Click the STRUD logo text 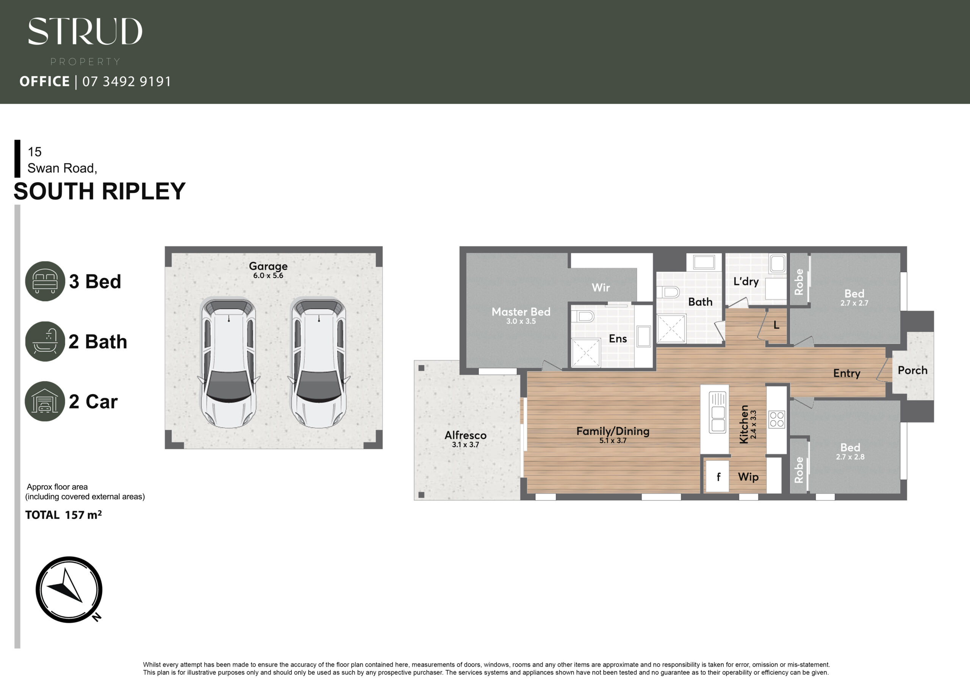pyautogui.click(x=85, y=31)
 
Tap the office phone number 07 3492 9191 pyautogui.click(x=127, y=81)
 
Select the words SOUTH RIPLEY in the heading pyautogui.click(x=100, y=191)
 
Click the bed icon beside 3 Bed pyautogui.click(x=45, y=281)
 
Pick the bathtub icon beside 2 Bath pyautogui.click(x=45, y=341)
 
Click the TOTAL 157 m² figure pyautogui.click(x=63, y=515)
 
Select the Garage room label pyautogui.click(x=268, y=266)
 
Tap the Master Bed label pyautogui.click(x=521, y=311)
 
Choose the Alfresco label pyautogui.click(x=466, y=435)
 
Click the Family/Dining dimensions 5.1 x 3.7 pyautogui.click(x=613, y=441)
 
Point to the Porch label pyautogui.click(x=912, y=370)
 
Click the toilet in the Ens pyautogui.click(x=583, y=316)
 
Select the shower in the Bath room pyautogui.click(x=671, y=328)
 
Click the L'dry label pyautogui.click(x=746, y=282)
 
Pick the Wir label pyautogui.click(x=601, y=287)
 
